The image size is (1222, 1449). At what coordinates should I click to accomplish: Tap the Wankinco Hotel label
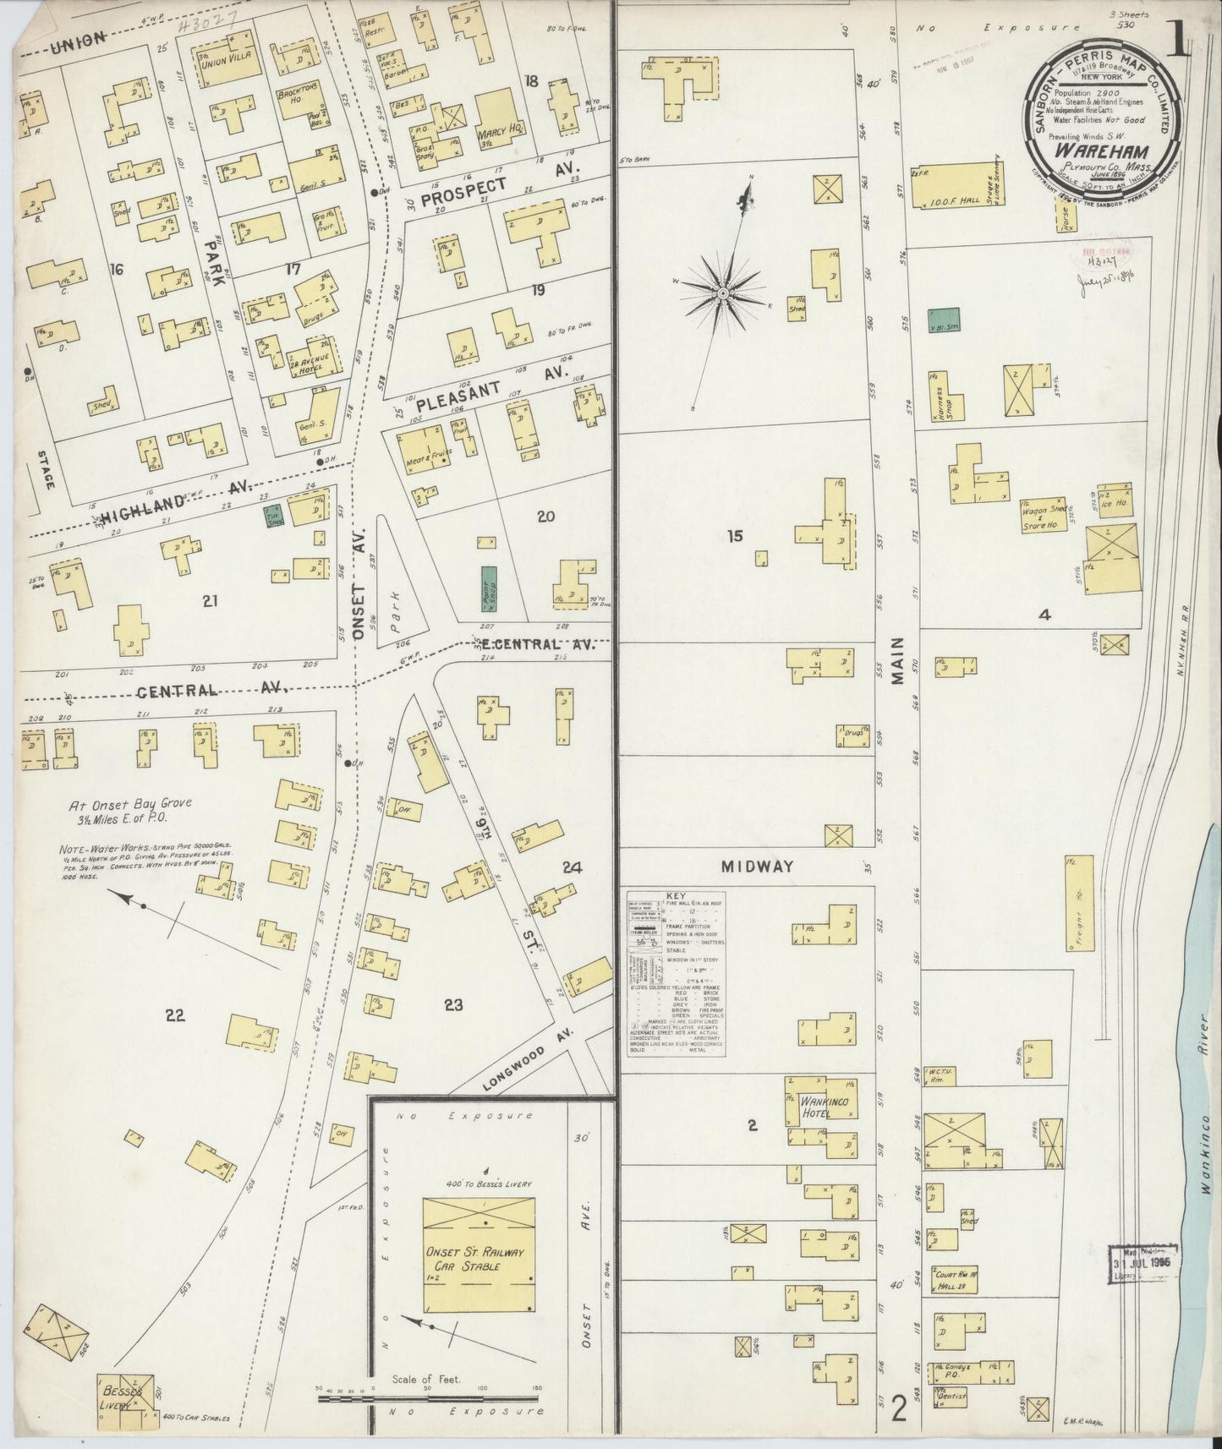(814, 1107)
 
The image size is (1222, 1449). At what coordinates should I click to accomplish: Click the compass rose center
(724, 293)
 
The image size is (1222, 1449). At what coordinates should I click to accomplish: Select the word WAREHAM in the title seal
(1093, 152)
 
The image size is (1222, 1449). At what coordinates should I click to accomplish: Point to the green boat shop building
(489, 589)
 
